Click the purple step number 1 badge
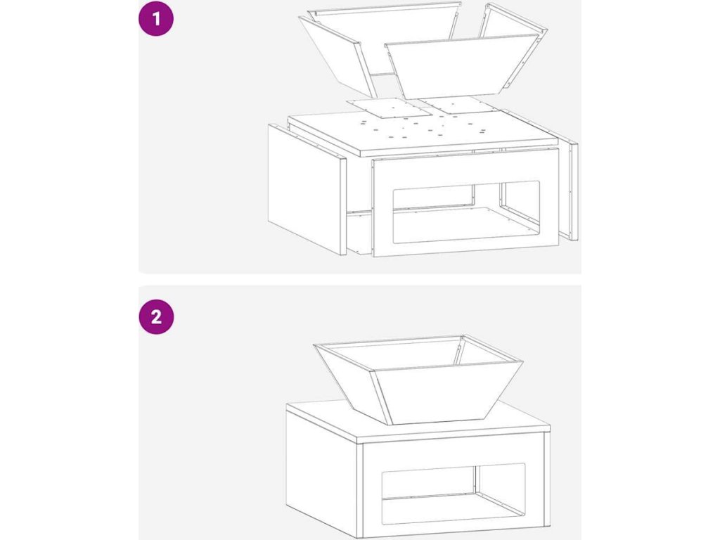[x=156, y=19]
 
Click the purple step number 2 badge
[x=156, y=317]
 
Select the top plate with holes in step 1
[x=423, y=133]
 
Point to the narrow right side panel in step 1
[x=573, y=191]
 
